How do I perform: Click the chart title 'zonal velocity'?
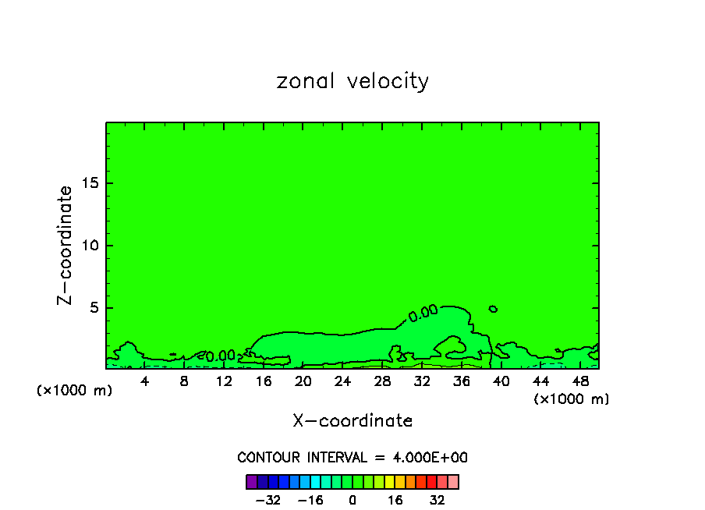point(352,81)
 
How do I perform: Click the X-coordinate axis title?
point(352,421)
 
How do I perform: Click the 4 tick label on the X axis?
point(145,381)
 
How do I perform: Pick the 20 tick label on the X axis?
point(303,381)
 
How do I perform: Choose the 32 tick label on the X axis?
point(422,381)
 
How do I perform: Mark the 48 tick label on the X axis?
point(579,381)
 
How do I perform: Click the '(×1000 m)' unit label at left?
point(75,390)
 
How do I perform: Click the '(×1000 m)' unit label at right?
point(572,398)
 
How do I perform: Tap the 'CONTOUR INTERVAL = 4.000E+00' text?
point(352,457)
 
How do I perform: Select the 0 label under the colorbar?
point(352,500)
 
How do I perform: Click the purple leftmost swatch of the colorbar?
point(251,481)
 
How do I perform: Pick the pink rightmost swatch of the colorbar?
point(453,481)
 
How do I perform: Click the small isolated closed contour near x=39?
point(493,309)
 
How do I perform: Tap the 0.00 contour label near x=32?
point(423,313)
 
